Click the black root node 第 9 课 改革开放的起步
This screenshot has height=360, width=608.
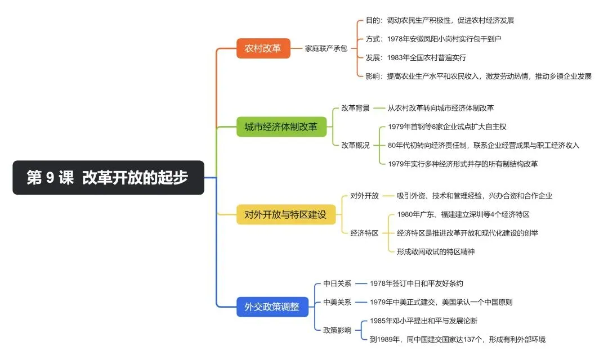pyautogui.click(x=108, y=178)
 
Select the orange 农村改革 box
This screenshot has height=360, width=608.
pyautogui.click(x=263, y=48)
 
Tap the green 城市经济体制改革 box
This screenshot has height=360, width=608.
pyautogui.click(x=281, y=127)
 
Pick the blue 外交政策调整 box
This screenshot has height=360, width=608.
pyautogui.click(x=272, y=307)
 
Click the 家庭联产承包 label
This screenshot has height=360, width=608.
pyautogui.click(x=326, y=48)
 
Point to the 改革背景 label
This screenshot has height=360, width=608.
pyautogui.click(x=355, y=108)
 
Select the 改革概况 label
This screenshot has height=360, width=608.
pyautogui.click(x=355, y=145)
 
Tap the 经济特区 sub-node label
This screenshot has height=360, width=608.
pyautogui.click(x=364, y=233)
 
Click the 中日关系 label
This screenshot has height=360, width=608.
pyautogui.click(x=337, y=283)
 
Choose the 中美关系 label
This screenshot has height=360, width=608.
pyautogui.click(x=337, y=302)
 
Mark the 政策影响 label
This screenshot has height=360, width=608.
pyautogui.click(x=337, y=330)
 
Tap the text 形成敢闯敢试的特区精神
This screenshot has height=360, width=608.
pyautogui.click(x=435, y=251)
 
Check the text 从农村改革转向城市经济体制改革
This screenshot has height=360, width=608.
pyautogui.click(x=441, y=108)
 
